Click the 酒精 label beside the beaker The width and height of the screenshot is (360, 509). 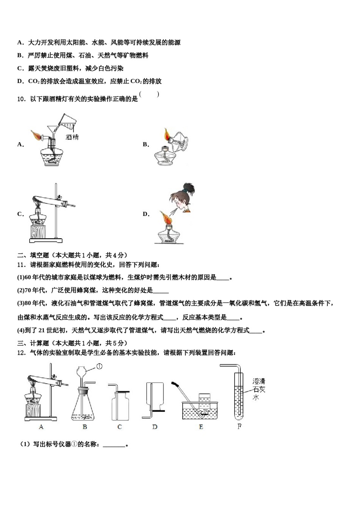[x=72, y=137]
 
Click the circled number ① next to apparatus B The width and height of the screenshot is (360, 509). [x=99, y=366]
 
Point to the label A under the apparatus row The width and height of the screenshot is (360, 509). [x=41, y=427]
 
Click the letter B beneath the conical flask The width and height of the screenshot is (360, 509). [x=85, y=427]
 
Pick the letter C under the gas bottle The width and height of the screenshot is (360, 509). [x=119, y=427]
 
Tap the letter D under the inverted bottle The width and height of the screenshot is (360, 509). [x=155, y=427]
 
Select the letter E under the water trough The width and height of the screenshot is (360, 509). [x=201, y=427]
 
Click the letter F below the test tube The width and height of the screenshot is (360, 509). [x=239, y=427]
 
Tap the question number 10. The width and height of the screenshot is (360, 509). [x=22, y=99]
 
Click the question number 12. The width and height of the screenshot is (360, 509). [x=22, y=353]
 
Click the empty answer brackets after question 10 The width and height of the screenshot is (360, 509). [x=149, y=95]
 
